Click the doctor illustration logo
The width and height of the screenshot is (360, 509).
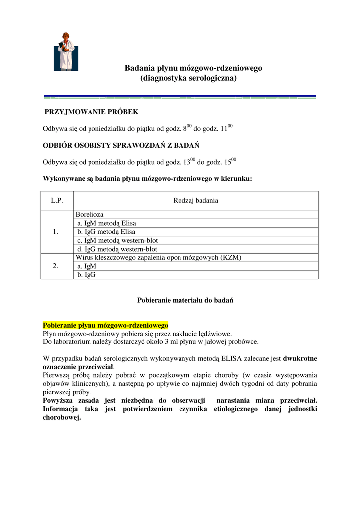click(66, 52)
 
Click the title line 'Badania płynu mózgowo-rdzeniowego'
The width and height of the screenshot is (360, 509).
click(193, 68)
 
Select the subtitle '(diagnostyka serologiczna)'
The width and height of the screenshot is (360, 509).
click(188, 78)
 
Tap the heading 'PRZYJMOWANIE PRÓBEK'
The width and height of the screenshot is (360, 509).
click(91, 112)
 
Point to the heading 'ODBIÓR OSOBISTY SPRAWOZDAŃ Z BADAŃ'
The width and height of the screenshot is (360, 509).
click(121, 145)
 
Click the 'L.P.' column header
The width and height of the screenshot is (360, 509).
click(57, 201)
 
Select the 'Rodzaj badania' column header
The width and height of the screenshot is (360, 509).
click(195, 201)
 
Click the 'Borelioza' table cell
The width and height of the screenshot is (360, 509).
click(90, 214)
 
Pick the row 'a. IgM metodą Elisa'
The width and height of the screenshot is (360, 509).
click(106, 223)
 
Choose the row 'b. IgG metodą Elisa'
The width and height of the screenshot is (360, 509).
click(106, 232)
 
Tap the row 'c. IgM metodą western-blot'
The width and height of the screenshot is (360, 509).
click(117, 240)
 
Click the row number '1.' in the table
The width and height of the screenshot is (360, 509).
click(56, 232)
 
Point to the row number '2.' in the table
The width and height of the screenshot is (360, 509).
click(56, 266)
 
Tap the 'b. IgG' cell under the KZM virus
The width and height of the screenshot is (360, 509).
click(87, 274)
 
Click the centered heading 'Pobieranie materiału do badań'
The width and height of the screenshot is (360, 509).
click(185, 300)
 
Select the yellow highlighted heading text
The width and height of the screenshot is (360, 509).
click(105, 325)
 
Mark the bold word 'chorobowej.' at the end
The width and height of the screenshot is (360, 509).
click(62, 417)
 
